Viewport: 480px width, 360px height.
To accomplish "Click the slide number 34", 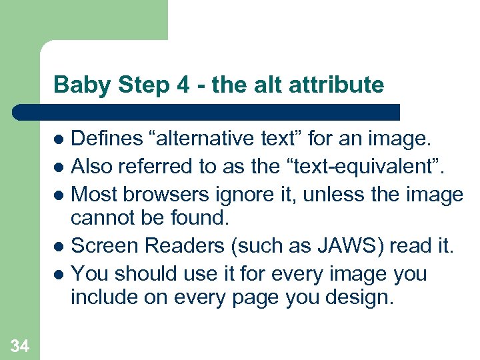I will (x=19, y=345).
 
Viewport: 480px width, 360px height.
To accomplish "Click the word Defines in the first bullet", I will (x=107, y=139).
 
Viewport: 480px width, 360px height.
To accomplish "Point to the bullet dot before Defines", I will (x=59, y=140).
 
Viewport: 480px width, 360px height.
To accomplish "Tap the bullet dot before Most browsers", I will (x=59, y=195).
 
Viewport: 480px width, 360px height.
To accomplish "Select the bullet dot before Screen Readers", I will (x=59, y=247).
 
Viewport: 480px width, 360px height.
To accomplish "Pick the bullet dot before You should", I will (x=59, y=274).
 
